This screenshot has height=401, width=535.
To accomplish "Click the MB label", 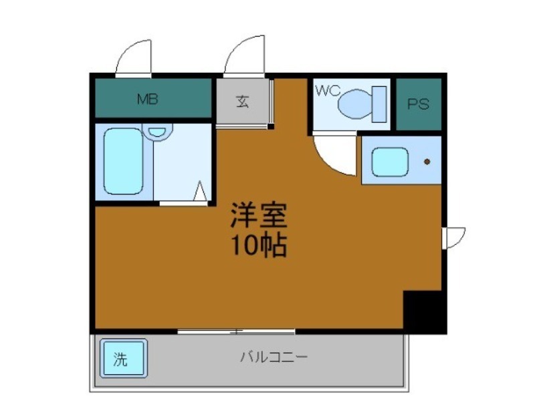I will pyautogui.click(x=148, y=100).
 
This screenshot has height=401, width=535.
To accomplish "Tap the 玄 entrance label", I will pyautogui.click(x=241, y=102).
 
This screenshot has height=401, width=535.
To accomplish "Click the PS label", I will pyautogui.click(x=418, y=104).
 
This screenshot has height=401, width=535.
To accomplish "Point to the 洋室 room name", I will pyautogui.click(x=259, y=215).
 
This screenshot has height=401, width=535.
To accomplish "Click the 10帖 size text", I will pyautogui.click(x=259, y=246).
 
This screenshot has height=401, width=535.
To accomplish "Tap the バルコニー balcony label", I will pyautogui.click(x=274, y=357).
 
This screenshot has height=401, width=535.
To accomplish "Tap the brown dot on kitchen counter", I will pyautogui.click(x=427, y=162).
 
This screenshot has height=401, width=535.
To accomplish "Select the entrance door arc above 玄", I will pyautogui.click(x=245, y=56).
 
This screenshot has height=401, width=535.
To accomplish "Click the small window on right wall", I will pyautogui.click(x=454, y=237).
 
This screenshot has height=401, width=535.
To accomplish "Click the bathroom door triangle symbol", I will pyautogui.click(x=200, y=192).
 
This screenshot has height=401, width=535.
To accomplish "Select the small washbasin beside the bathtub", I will pyautogui.click(x=158, y=132).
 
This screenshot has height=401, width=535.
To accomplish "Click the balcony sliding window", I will pyautogui.click(x=236, y=330).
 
